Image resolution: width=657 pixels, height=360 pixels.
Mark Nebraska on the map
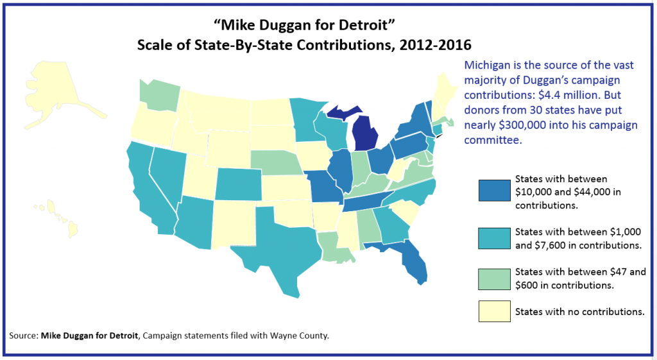[273, 164]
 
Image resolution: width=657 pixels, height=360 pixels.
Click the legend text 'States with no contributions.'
[579, 313]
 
